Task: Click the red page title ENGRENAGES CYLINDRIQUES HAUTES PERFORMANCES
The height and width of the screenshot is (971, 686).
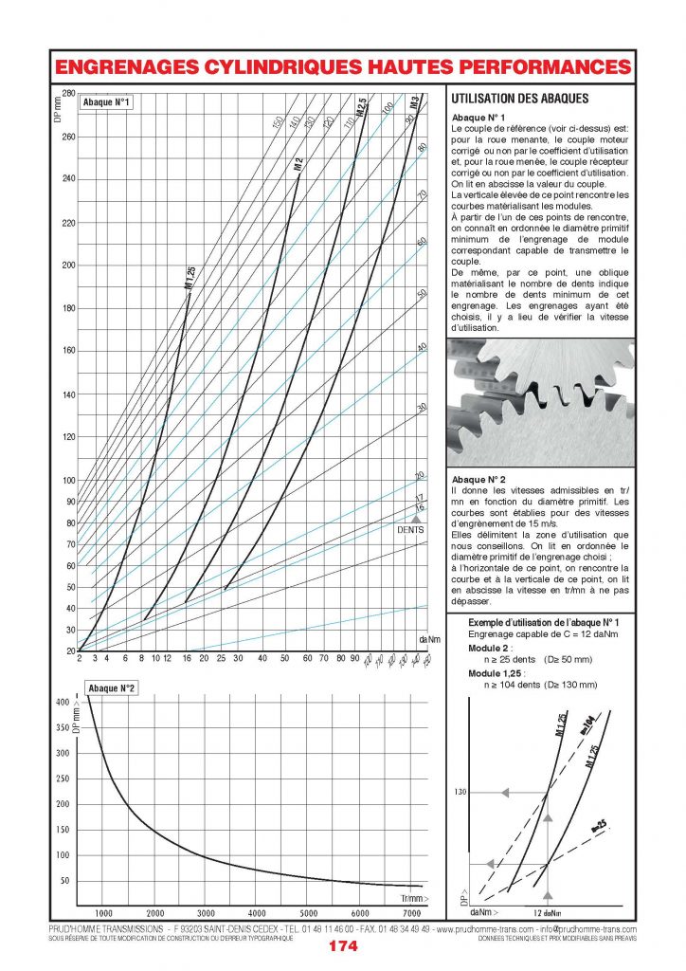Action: pyautogui.click(x=342, y=67)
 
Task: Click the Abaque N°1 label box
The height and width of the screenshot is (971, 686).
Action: pyautogui.click(x=106, y=102)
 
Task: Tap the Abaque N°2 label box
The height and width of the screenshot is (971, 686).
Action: pyautogui.click(x=112, y=687)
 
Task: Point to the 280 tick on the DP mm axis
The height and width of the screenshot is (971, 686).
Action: pyautogui.click(x=67, y=93)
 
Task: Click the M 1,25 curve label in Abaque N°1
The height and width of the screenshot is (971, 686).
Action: pyautogui.click(x=190, y=277)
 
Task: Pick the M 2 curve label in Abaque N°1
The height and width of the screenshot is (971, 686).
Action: pyautogui.click(x=298, y=163)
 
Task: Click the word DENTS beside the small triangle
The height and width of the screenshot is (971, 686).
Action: pyautogui.click(x=409, y=530)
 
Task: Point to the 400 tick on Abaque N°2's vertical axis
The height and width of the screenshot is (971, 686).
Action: pyautogui.click(x=63, y=703)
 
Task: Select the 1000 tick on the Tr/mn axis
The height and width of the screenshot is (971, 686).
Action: pyautogui.click(x=104, y=913)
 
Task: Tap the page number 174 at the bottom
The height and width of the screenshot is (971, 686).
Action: pyautogui.click(x=342, y=946)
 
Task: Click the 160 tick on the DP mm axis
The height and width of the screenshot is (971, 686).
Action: pyautogui.click(x=67, y=351)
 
